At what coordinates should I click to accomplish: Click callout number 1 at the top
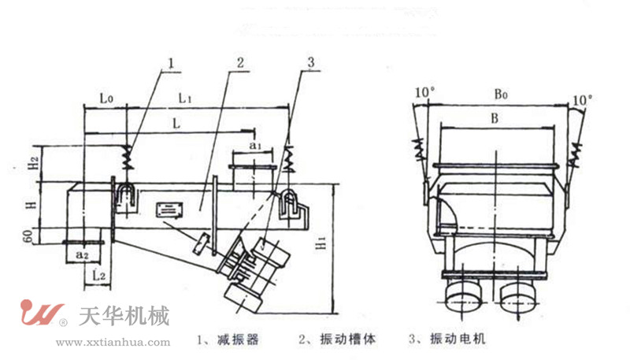pos(169,61)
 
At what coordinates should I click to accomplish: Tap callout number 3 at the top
pos(311,61)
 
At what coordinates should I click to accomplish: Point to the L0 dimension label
pos(108,98)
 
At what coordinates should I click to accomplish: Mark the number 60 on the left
pos(31,235)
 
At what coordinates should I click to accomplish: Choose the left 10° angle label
pos(424,93)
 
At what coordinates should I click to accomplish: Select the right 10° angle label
pos(583,100)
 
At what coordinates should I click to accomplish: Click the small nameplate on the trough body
pos(168,210)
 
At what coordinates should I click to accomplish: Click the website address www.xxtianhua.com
pos(113,343)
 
